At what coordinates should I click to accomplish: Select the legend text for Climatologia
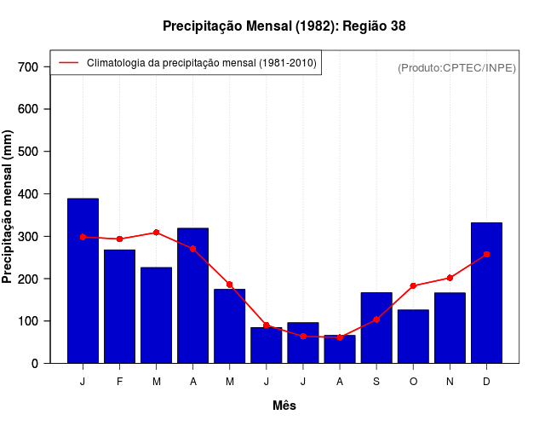(x=201, y=62)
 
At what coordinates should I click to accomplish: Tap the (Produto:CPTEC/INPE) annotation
(x=456, y=67)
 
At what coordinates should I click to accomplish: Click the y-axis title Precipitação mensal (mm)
(x=9, y=206)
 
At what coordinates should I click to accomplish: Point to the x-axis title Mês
(x=284, y=406)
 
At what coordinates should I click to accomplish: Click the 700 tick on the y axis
(x=29, y=66)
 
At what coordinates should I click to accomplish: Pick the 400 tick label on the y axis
(x=29, y=193)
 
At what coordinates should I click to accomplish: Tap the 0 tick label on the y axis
(x=35, y=363)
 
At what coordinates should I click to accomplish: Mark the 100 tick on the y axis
(x=29, y=321)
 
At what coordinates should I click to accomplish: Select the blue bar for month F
(x=119, y=307)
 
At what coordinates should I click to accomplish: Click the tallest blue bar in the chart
(x=83, y=281)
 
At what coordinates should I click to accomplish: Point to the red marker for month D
(x=486, y=254)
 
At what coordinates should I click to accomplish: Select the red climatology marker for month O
(x=413, y=285)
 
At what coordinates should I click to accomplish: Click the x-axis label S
(x=376, y=382)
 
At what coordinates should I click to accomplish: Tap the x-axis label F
(x=119, y=382)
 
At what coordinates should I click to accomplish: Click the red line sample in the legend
(x=68, y=62)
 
